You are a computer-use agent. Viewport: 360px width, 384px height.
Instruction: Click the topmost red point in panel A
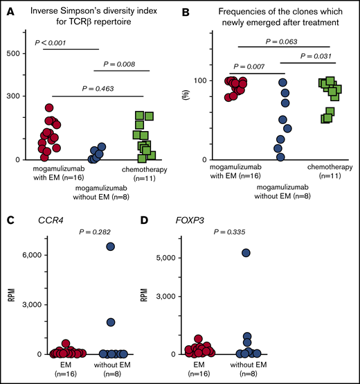click(48, 108)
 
